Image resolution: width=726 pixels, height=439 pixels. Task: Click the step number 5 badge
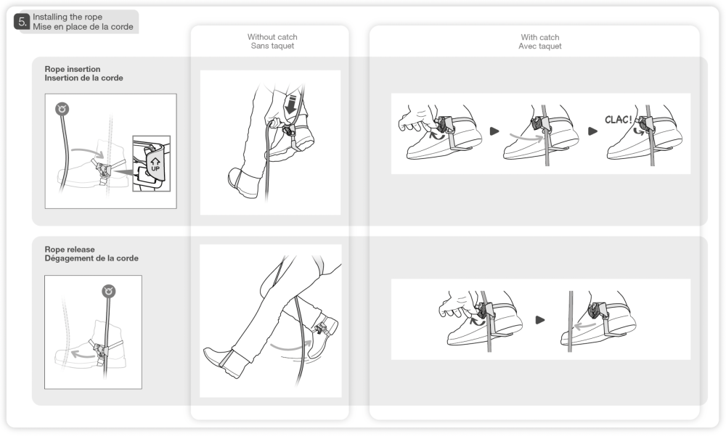[22, 22]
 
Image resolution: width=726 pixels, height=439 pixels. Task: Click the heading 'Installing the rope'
[68, 17]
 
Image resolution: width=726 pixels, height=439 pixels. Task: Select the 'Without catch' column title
[272, 37]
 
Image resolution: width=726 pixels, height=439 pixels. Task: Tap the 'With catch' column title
[540, 38]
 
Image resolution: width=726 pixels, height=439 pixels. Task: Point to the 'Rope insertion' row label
[73, 69]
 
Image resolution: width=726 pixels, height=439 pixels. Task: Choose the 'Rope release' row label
[70, 250]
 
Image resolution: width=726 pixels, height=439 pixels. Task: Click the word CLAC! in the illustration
[618, 120]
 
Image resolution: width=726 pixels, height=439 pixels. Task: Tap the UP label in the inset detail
[155, 168]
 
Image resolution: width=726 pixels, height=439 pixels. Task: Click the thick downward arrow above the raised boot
[291, 104]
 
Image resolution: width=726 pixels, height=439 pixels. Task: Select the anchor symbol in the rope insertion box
[62, 109]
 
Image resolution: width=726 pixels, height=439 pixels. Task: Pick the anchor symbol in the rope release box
[109, 291]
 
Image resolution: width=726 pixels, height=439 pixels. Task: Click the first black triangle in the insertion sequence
[494, 131]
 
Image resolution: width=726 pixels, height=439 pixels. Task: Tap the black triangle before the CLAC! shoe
[592, 131]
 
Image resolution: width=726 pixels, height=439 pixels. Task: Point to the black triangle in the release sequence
[540, 320]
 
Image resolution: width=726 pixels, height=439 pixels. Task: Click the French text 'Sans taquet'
[272, 46]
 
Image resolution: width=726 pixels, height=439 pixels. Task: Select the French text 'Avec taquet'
[540, 46]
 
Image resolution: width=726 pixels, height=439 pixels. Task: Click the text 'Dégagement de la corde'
[91, 258]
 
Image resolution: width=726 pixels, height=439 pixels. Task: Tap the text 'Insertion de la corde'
[83, 78]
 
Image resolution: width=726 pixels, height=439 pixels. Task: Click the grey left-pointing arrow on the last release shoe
[584, 326]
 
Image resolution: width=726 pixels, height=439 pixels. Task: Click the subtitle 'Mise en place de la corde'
[83, 27]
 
